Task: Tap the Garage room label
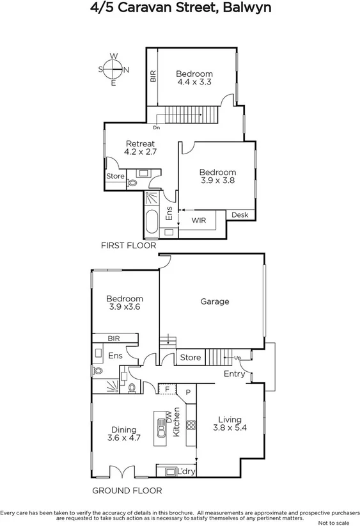click(214, 301)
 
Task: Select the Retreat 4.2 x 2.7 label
click(141, 147)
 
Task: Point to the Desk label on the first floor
click(240, 215)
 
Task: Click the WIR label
click(199, 220)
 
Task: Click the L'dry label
click(186, 472)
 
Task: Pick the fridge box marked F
click(167, 389)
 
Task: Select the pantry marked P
click(188, 392)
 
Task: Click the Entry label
click(233, 374)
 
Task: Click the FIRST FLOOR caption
click(129, 245)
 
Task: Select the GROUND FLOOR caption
click(127, 491)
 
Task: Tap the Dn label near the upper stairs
click(157, 127)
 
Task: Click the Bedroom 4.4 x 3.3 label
click(194, 77)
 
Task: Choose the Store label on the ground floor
click(190, 357)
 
